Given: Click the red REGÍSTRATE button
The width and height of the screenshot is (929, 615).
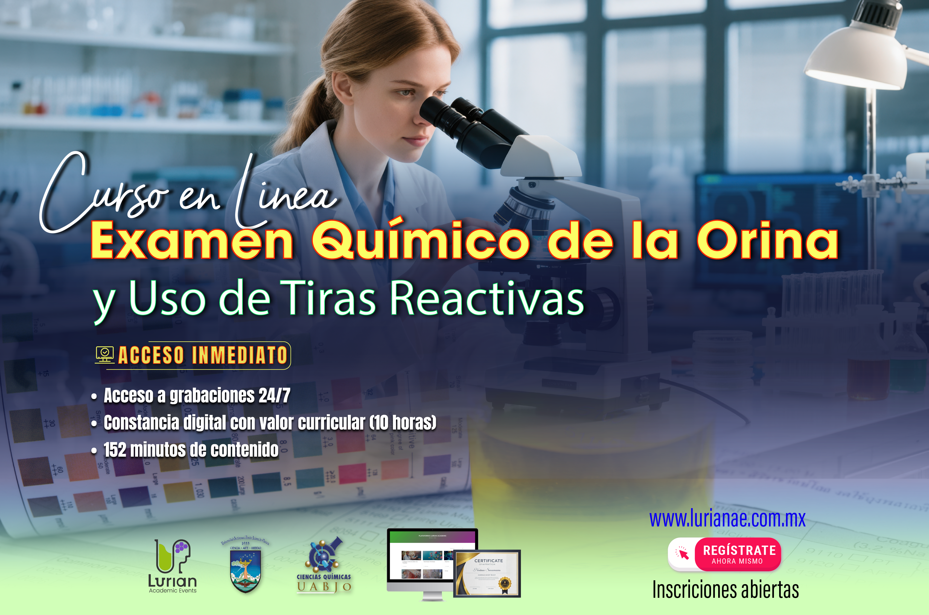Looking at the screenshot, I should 738,554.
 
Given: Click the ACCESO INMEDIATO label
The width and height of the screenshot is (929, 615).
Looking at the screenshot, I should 203,355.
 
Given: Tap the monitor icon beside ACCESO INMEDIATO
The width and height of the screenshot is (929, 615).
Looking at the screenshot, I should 105,355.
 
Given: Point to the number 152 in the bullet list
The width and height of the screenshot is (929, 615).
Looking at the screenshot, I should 115,449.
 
